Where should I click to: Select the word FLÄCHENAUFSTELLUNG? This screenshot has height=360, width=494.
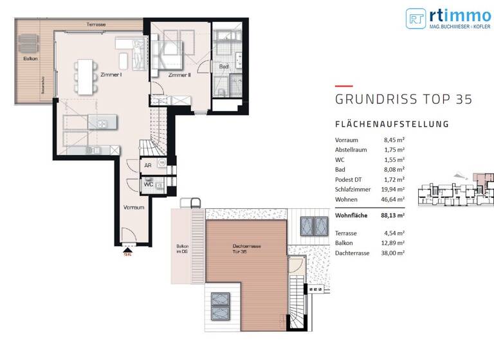coord(391,124)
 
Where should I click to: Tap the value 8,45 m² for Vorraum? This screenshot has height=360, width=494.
coord(393,139)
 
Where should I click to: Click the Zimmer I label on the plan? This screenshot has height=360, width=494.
coord(111,75)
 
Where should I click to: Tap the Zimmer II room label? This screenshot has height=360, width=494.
coord(179,75)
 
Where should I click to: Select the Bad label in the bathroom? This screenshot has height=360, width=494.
coord(223,66)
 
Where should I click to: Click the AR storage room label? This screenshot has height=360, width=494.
coord(147,165)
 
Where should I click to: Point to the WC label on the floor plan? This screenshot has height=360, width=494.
coord(147,184)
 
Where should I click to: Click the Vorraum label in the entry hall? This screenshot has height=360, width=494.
coord(134,208)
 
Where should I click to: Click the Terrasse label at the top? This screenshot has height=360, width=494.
coord(96,24)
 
